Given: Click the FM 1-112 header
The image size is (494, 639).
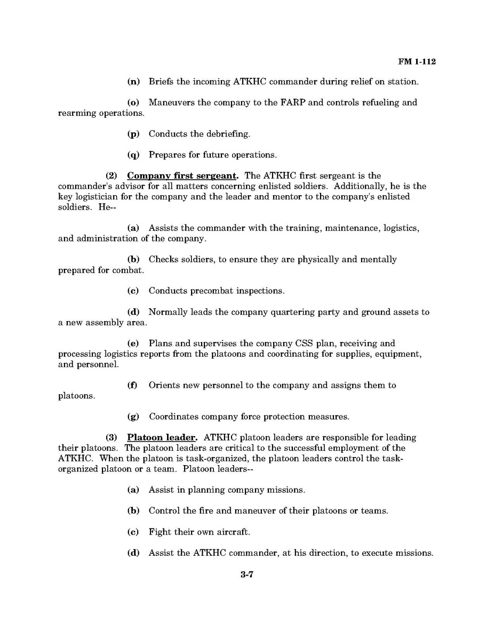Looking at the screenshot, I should tap(417, 62).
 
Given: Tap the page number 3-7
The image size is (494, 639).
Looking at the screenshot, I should tap(246, 575).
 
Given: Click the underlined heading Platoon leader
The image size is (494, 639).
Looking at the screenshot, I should tap(162, 437).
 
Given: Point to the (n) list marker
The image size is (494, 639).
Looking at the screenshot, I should tap(133, 82).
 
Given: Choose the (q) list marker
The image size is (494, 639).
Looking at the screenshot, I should tap(133, 155).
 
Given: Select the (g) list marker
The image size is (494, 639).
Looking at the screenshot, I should tap(133, 417).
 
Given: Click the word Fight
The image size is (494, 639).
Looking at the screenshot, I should tap(160, 532).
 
